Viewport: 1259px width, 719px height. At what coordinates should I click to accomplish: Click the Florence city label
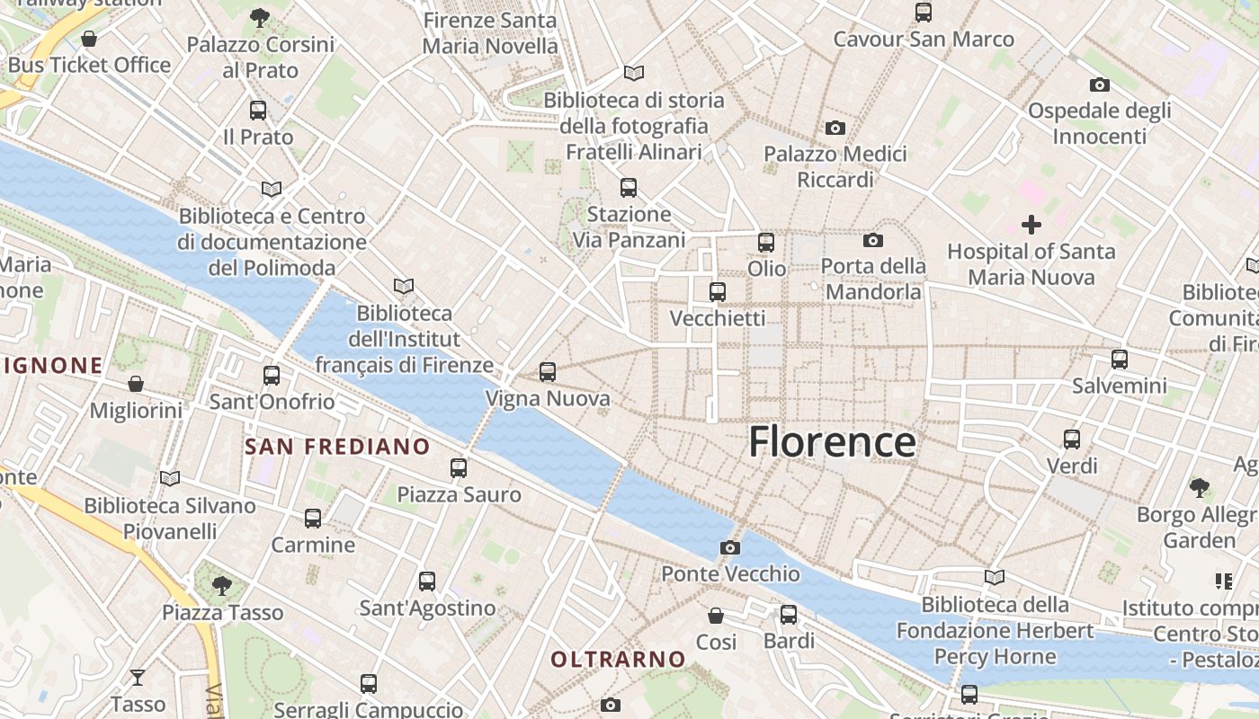[832, 441]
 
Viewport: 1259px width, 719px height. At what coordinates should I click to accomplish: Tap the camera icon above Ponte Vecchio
[730, 547]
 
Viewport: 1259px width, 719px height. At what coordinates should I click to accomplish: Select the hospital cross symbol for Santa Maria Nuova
[1031, 224]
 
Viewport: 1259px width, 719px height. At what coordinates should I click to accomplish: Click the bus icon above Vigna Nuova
[547, 371]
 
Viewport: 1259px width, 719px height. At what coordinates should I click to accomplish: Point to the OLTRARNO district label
[618, 660]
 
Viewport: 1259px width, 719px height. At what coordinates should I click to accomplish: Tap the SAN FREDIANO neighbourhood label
[337, 447]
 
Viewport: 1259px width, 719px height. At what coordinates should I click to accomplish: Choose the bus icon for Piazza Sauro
[459, 467]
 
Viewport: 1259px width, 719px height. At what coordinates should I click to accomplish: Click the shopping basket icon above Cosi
[716, 616]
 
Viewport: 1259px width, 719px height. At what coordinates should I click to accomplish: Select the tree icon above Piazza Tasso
[221, 586]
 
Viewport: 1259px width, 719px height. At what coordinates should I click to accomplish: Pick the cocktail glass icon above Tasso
[138, 677]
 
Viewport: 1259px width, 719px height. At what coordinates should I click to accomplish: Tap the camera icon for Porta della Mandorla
[872, 240]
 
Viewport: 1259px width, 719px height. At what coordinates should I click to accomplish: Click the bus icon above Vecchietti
[717, 291]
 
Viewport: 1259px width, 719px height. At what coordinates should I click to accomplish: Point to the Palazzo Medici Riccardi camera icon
[835, 128]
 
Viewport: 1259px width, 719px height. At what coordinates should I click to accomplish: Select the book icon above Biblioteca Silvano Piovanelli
[169, 478]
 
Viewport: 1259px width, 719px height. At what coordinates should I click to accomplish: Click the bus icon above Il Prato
[258, 111]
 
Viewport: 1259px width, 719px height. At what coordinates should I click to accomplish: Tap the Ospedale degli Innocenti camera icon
[1099, 84]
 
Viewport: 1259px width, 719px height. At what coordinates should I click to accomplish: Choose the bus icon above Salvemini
[1119, 359]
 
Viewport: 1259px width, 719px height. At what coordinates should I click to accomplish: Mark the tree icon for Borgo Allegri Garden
[1199, 488]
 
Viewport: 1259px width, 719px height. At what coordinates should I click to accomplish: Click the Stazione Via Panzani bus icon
[629, 188]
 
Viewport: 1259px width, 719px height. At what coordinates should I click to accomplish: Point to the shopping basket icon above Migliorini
[136, 384]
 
